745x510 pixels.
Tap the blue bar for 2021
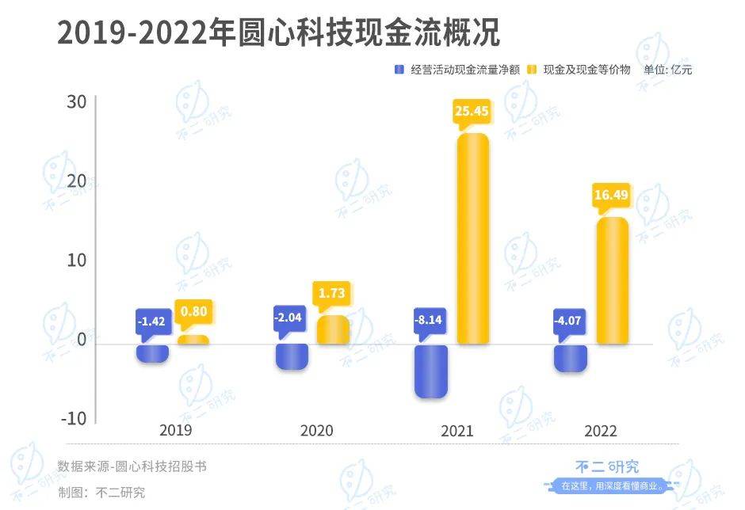click(431, 371)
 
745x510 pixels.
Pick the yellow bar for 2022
click(612, 280)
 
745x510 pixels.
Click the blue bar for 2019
click(152, 353)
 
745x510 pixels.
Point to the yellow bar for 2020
click(333, 329)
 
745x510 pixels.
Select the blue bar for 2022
click(571, 358)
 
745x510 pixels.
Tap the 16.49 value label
click(612, 195)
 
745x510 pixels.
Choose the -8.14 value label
click(431, 322)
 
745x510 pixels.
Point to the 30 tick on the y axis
click(76, 102)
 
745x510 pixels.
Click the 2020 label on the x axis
click(317, 431)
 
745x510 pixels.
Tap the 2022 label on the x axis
click(600, 431)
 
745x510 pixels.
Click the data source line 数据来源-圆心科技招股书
click(132, 466)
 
